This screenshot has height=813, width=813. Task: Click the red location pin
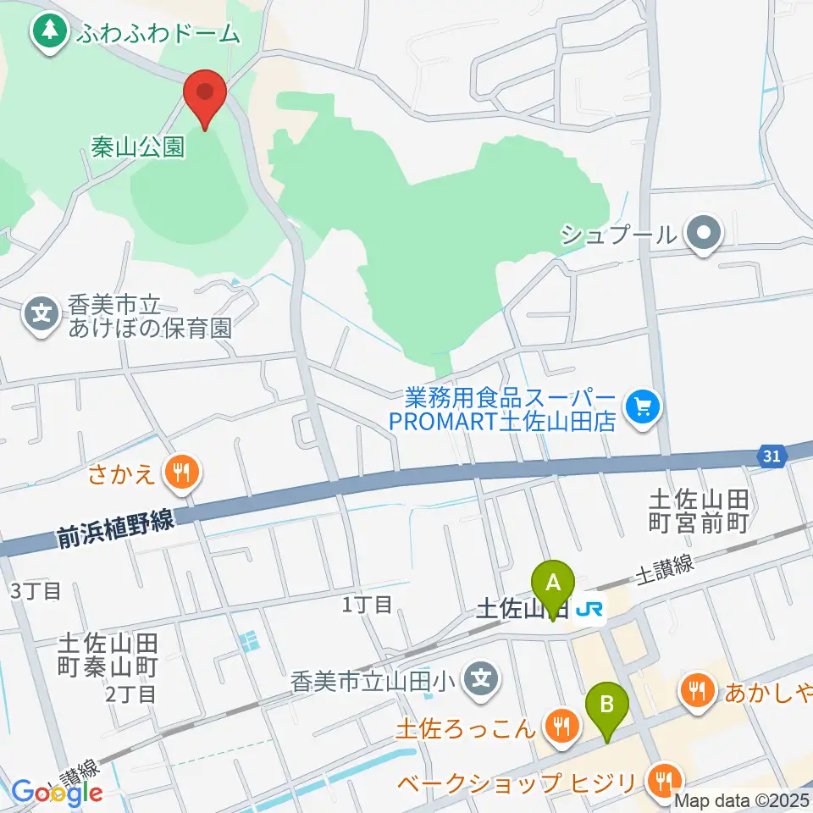pyautogui.click(x=204, y=95)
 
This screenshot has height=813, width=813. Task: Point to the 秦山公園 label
pyautogui.click(x=137, y=148)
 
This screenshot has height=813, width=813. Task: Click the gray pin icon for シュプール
pyautogui.click(x=703, y=234)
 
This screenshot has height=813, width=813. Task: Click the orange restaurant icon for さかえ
pyautogui.click(x=180, y=473)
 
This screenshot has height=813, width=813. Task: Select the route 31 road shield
pyautogui.click(x=770, y=456)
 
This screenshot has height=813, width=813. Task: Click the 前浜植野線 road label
pyautogui.click(x=115, y=529)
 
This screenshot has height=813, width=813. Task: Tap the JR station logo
pyautogui.click(x=590, y=611)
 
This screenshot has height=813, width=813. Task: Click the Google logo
pyautogui.click(x=57, y=793)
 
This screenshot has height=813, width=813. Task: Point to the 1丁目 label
pyautogui.click(x=367, y=604)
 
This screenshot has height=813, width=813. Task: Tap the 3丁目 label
pyautogui.click(x=36, y=590)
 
